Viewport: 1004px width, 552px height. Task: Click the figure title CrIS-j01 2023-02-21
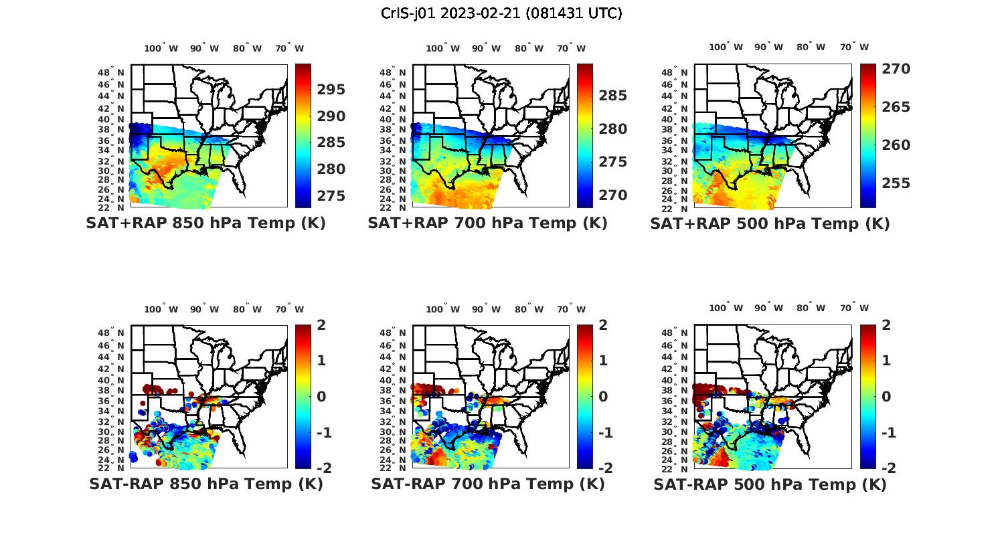click(501, 13)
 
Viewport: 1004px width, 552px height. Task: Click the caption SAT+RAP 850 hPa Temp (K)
click(205, 223)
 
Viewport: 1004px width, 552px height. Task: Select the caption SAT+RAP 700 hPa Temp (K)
click(487, 223)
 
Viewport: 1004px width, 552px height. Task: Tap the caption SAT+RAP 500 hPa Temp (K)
click(770, 223)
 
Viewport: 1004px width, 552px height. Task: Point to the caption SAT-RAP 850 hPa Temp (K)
click(205, 484)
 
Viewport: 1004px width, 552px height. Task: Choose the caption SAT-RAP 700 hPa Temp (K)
click(488, 484)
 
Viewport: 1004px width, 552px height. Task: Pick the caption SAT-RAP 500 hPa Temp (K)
click(770, 484)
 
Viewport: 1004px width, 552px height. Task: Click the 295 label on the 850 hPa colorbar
click(331, 90)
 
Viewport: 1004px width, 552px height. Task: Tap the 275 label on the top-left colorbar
click(331, 196)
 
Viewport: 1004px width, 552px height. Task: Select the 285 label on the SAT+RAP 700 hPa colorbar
click(613, 96)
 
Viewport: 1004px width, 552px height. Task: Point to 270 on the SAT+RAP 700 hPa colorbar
click(613, 195)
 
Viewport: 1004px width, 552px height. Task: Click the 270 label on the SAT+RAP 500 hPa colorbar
click(896, 69)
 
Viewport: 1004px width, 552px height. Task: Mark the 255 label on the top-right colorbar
click(896, 183)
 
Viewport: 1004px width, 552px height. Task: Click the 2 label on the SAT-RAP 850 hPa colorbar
click(321, 325)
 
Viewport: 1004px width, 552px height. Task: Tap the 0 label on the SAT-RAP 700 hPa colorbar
click(603, 397)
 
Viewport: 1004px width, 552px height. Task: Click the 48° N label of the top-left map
click(111, 72)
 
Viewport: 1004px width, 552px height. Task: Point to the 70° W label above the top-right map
click(854, 47)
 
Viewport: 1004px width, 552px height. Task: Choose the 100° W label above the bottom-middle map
click(442, 309)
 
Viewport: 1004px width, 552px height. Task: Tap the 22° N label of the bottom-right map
click(675, 468)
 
